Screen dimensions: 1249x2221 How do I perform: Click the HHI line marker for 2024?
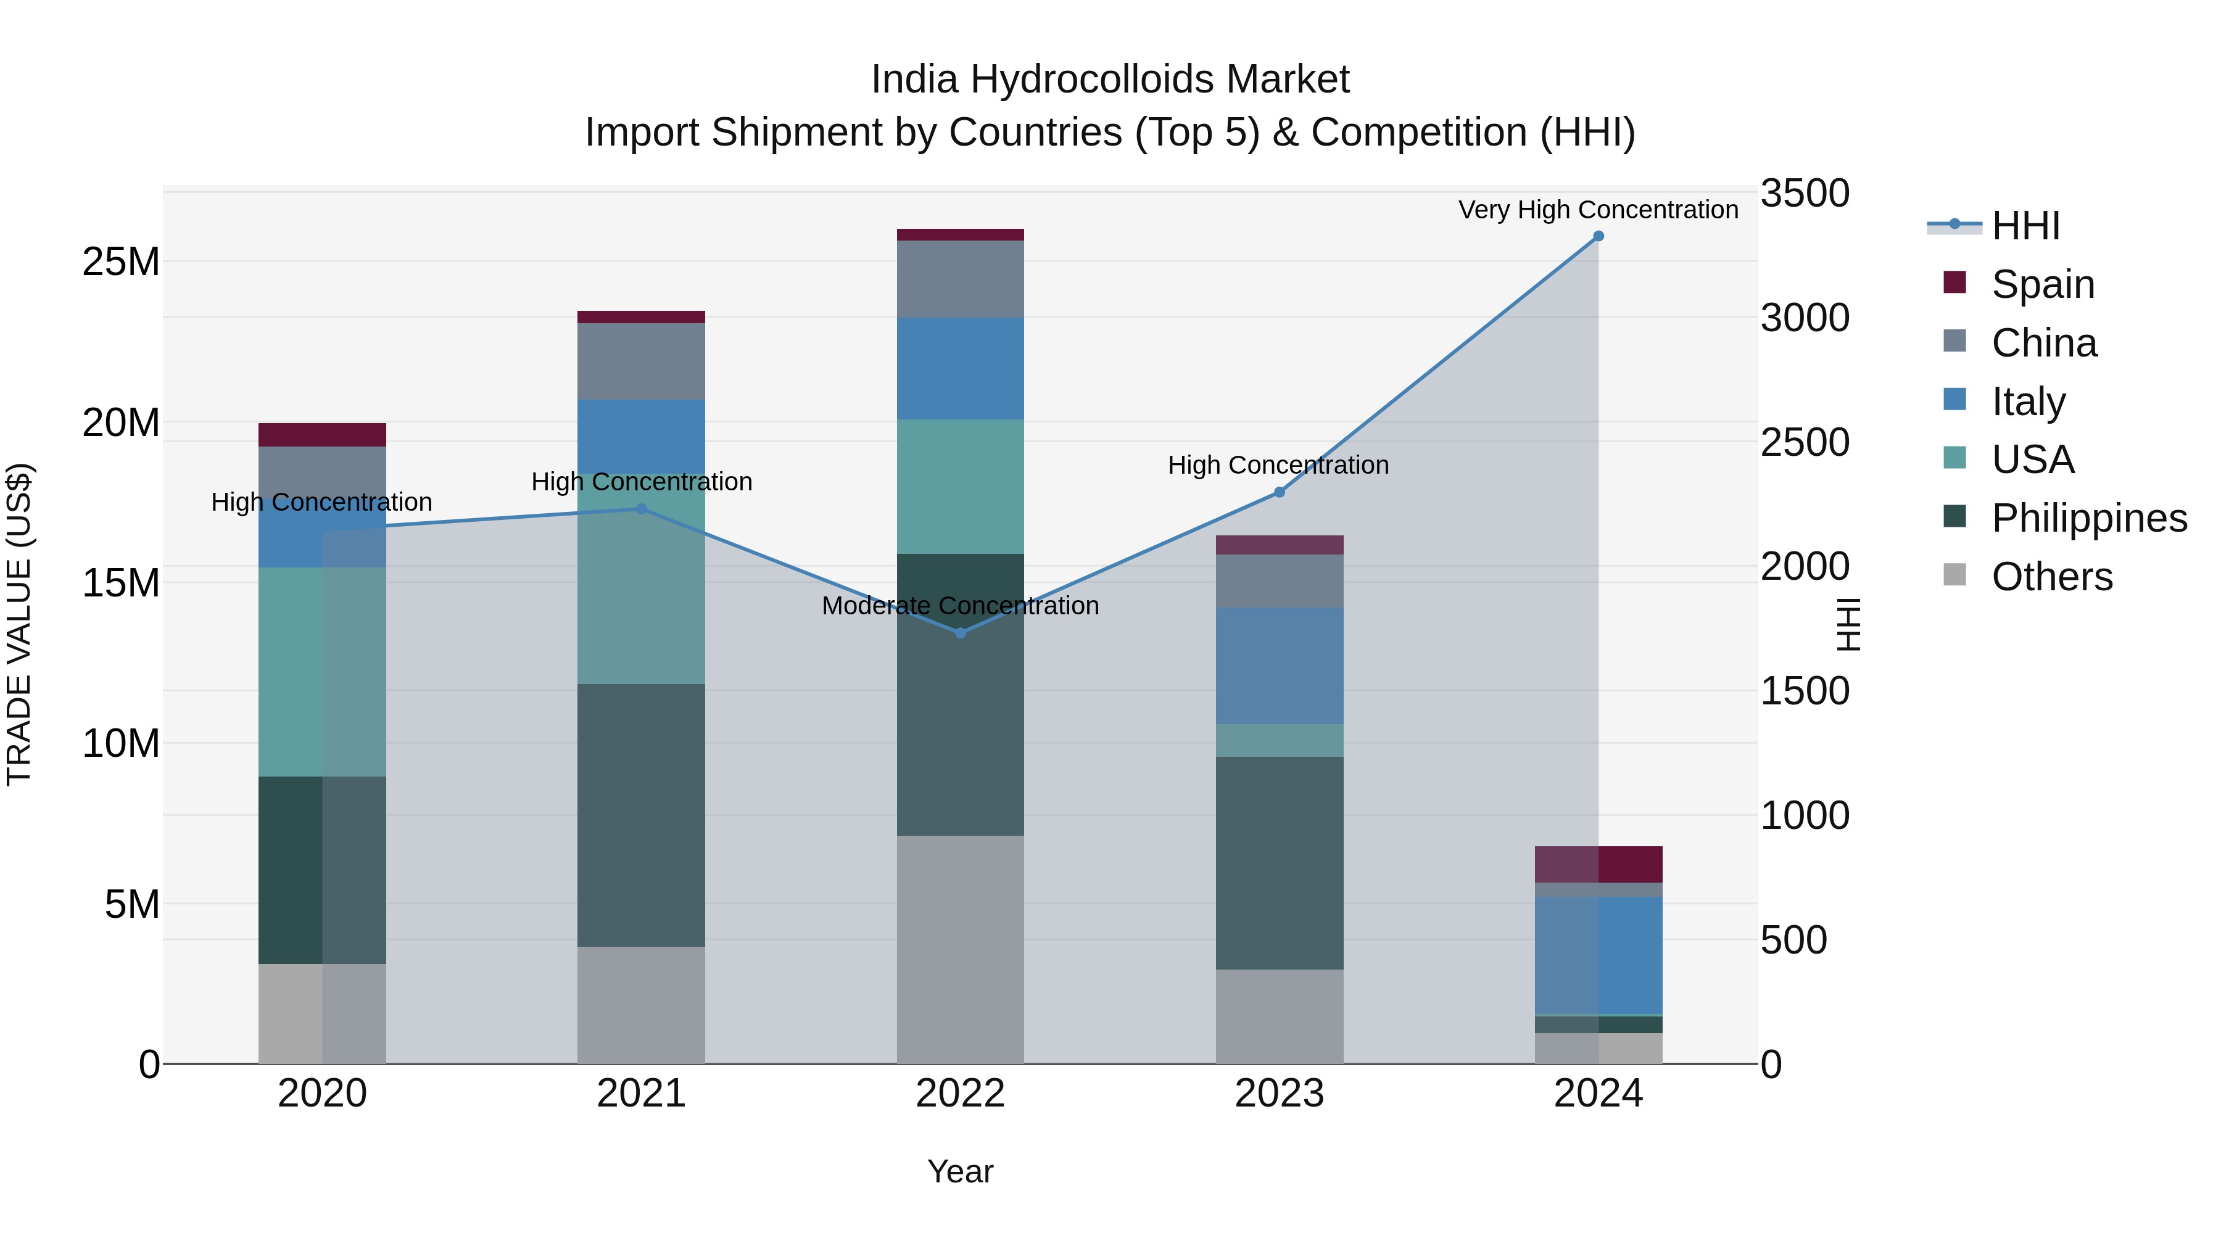click(x=1598, y=236)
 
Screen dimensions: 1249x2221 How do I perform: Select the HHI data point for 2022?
click(x=961, y=633)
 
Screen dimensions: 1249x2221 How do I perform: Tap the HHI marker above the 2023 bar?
click(x=1280, y=492)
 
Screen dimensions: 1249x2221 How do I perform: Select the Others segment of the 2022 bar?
click(x=961, y=948)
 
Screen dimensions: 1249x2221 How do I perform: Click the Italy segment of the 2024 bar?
click(x=1598, y=955)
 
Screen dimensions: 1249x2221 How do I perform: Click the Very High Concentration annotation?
click(x=1598, y=210)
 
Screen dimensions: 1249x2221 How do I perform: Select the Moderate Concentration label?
click(x=961, y=605)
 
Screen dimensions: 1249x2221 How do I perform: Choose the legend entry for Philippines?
click(x=2089, y=518)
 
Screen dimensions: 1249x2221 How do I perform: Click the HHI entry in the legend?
click(x=2025, y=226)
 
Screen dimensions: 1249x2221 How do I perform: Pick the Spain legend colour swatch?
click(x=1954, y=282)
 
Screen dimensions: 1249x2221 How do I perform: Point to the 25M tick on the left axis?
click(x=121, y=261)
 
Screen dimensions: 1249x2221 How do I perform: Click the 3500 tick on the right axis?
click(x=1804, y=193)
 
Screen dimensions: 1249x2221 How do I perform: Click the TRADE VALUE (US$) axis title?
click(x=19, y=624)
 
